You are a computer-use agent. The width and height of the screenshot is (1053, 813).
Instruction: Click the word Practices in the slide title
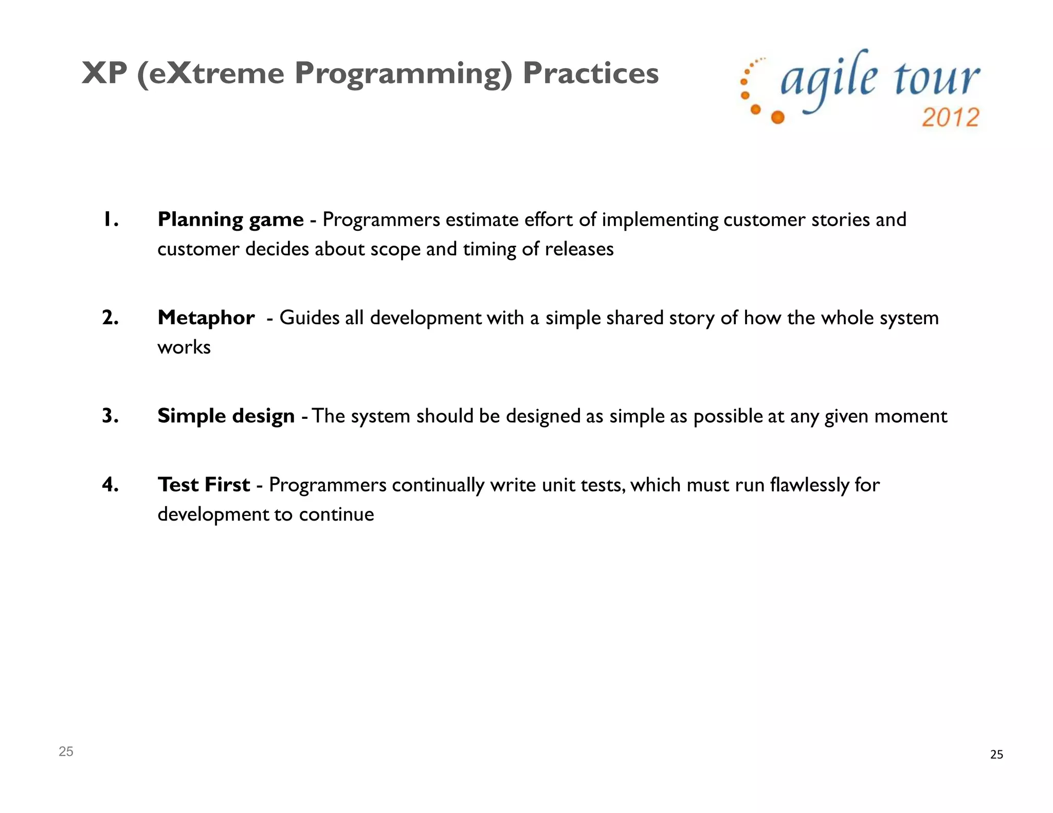point(590,73)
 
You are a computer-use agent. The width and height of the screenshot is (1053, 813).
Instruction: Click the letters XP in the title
point(104,73)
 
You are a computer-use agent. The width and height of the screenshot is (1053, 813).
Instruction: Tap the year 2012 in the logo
point(950,118)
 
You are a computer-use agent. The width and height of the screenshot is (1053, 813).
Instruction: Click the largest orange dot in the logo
point(778,118)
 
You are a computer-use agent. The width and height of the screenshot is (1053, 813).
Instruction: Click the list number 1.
point(110,220)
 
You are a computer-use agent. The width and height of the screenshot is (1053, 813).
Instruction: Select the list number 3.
point(110,416)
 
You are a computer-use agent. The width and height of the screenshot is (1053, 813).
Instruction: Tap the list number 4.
point(110,485)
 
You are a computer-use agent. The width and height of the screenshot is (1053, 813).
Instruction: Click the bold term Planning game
point(230,220)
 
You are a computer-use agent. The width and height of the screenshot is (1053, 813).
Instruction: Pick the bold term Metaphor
point(206,318)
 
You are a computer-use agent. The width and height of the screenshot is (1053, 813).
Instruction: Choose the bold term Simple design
point(226,416)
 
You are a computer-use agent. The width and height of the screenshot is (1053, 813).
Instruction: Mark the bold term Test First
point(204,485)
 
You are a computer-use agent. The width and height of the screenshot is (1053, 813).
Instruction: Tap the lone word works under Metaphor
point(184,348)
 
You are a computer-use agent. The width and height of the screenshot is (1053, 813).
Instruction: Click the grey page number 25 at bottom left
point(66,751)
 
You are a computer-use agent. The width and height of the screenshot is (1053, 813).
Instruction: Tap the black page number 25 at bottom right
point(996,754)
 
